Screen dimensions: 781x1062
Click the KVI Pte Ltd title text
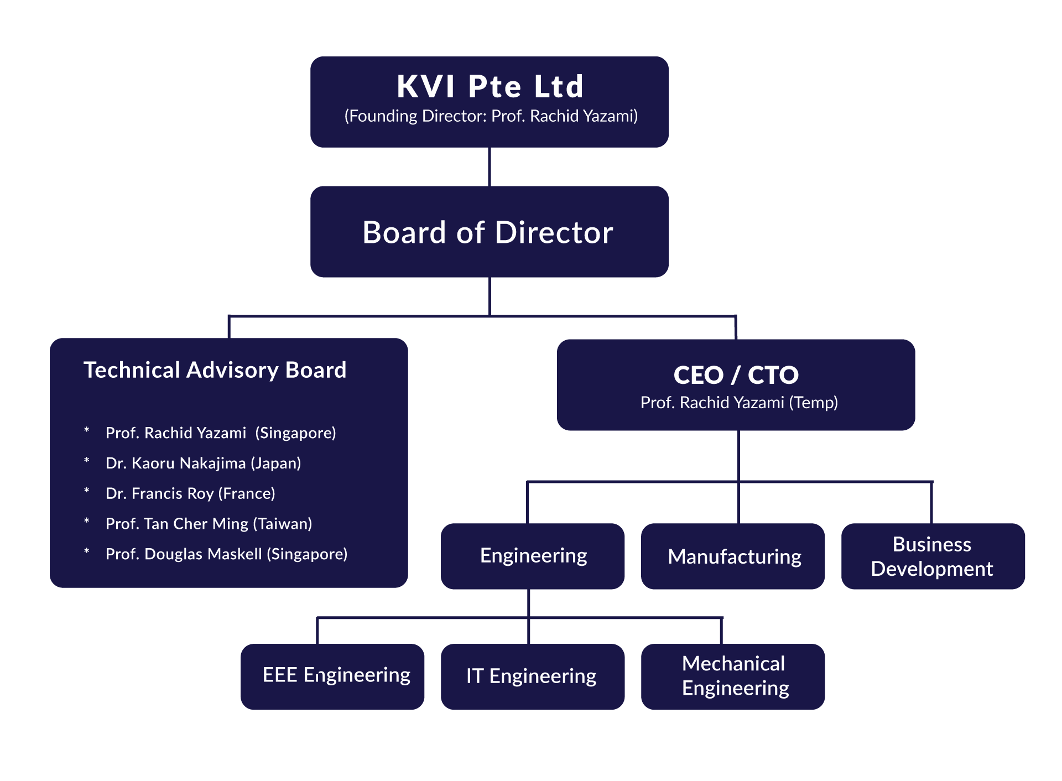pyautogui.click(x=490, y=87)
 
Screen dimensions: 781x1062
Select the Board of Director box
pyautogui.click(x=489, y=232)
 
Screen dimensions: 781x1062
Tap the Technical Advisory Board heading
pyautogui.click(x=215, y=370)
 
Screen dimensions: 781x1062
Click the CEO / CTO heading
pyautogui.click(x=736, y=375)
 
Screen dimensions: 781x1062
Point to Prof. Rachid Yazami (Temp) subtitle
pyautogui.click(x=739, y=403)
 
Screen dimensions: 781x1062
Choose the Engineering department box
pyautogui.click(x=533, y=556)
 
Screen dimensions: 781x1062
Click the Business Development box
pyautogui.click(x=933, y=556)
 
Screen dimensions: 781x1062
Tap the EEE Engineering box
pyautogui.click(x=332, y=676)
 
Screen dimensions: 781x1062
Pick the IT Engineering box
pyautogui.click(x=532, y=676)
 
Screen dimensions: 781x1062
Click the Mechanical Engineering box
pyautogui.click(x=733, y=676)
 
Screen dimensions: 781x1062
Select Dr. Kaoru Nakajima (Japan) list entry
pyautogui.click(x=203, y=463)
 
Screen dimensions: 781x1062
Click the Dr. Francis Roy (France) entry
pyautogui.click(x=190, y=493)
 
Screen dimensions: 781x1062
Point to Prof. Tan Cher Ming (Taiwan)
pyautogui.click(x=209, y=524)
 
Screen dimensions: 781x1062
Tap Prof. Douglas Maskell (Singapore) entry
pyautogui.click(x=226, y=554)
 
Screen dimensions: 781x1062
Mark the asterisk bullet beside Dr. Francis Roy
pyautogui.click(x=87, y=491)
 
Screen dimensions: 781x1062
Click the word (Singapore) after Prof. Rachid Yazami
pyautogui.click(x=295, y=433)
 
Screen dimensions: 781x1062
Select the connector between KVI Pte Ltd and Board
pyautogui.click(x=490, y=166)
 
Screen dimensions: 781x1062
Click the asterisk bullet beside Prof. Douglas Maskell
pyautogui.click(x=87, y=551)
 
